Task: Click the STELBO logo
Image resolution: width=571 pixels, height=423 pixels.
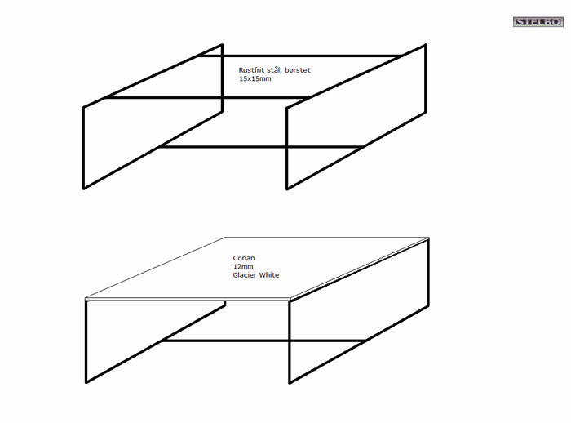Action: pyautogui.click(x=538, y=22)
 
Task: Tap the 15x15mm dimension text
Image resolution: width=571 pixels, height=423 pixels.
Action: pyautogui.click(x=255, y=78)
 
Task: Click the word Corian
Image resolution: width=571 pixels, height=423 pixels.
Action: pyautogui.click(x=244, y=258)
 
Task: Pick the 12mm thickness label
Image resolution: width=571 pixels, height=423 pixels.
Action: pyautogui.click(x=243, y=266)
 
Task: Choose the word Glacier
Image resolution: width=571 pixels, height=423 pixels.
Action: pyautogui.click(x=245, y=275)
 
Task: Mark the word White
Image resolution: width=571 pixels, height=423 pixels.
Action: pyautogui.click(x=269, y=275)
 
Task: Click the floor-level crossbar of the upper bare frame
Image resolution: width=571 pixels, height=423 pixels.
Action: pyautogui.click(x=261, y=147)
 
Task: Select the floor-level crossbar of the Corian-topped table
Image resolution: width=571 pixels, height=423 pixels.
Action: pyautogui.click(x=263, y=341)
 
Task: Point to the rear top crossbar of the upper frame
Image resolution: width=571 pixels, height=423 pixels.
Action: pyautogui.click(x=299, y=56)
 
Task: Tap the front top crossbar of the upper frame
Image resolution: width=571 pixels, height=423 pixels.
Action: pyautogui.click(x=207, y=97)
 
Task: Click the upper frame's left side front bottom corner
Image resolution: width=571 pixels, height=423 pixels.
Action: pyautogui.click(x=83, y=189)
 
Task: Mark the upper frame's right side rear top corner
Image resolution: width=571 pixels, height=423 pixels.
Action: pyautogui.click(x=425, y=45)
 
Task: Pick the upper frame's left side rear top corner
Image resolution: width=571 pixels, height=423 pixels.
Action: pyautogui.click(x=222, y=45)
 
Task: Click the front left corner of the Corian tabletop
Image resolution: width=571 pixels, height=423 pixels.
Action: pyautogui.click(x=86, y=299)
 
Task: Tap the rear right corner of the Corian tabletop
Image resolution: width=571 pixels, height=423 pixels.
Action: pyautogui.click(x=429, y=238)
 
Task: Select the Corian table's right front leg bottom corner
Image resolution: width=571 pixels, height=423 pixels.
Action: pyautogui.click(x=290, y=382)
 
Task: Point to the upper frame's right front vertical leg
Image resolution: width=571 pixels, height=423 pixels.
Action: pyautogui.click(x=286, y=149)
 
